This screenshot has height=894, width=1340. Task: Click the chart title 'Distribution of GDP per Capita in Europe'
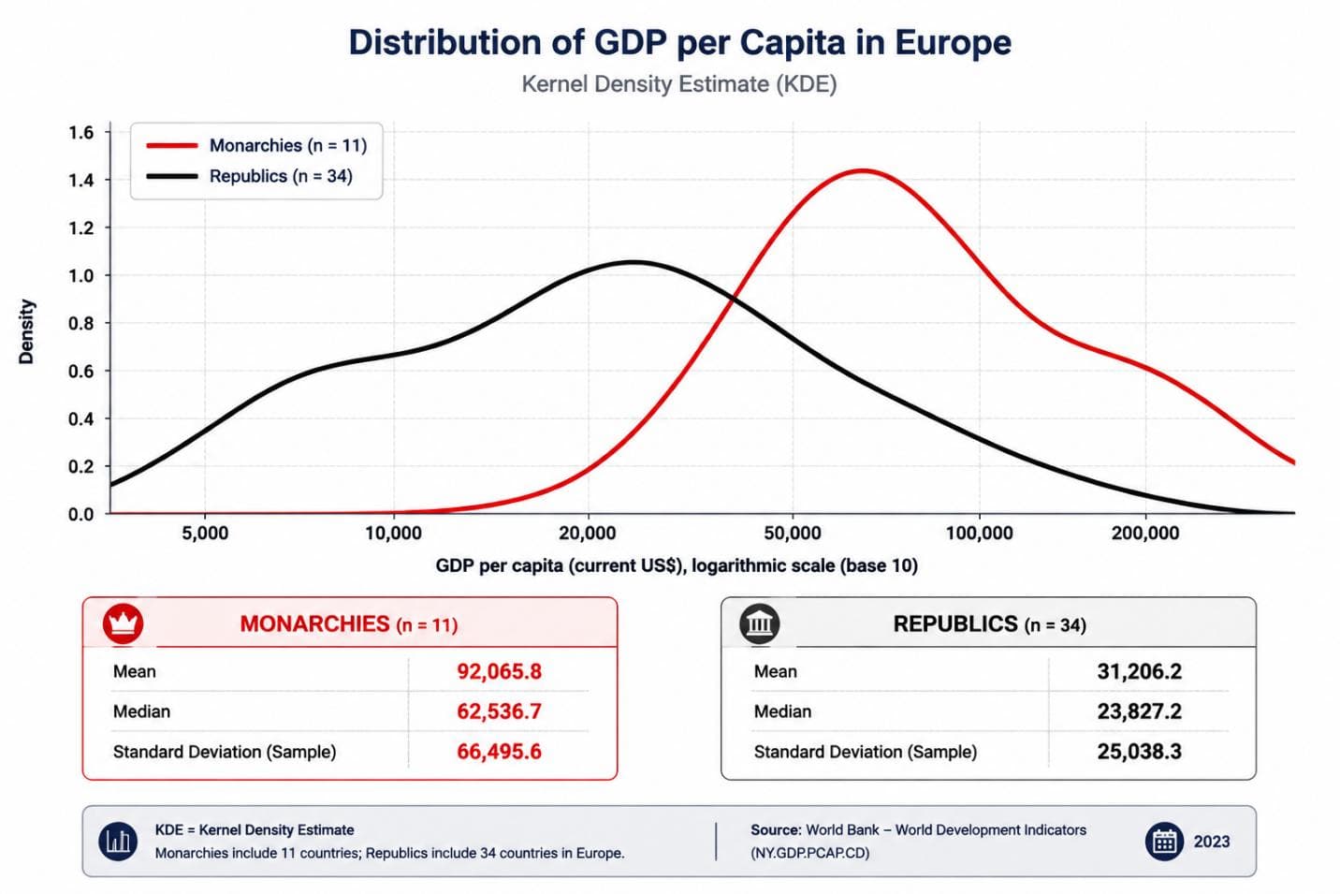(679, 43)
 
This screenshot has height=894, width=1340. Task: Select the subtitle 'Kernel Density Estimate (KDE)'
(679, 83)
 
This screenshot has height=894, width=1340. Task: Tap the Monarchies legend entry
(256, 145)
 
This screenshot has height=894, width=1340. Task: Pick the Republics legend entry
(250, 176)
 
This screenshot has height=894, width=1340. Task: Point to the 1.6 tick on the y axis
(81, 132)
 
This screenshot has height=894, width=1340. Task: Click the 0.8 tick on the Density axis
(81, 323)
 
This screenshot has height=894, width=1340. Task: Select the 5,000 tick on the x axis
(205, 533)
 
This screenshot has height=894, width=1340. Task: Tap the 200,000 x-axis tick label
(1145, 533)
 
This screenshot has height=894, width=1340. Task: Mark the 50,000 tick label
(793, 533)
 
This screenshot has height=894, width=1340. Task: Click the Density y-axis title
(26, 331)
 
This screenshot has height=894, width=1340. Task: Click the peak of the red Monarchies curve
(862, 171)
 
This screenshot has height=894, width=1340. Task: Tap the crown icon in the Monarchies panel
(123, 623)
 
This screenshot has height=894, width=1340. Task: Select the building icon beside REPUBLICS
(760, 623)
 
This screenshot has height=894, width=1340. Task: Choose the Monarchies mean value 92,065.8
(499, 671)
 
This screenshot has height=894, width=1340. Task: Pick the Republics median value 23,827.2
(1139, 711)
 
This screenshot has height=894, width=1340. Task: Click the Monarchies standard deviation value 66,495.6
(499, 752)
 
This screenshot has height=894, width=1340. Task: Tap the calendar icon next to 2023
(1164, 842)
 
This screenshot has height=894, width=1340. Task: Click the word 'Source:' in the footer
(776, 830)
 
